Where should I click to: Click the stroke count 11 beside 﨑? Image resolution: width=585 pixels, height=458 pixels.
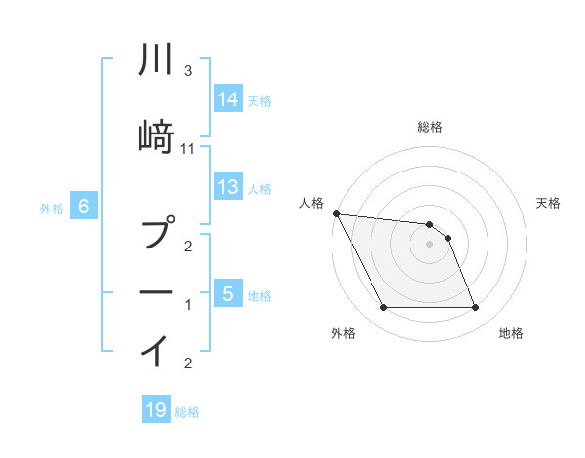click(x=188, y=148)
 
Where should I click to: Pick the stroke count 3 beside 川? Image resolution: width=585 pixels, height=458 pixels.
click(x=188, y=72)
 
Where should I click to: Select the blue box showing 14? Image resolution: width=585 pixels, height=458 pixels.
click(x=228, y=99)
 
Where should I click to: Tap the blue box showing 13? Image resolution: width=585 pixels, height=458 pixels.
click(x=228, y=187)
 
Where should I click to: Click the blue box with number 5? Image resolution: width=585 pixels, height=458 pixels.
click(x=228, y=293)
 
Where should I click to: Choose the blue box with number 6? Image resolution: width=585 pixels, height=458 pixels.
click(x=84, y=207)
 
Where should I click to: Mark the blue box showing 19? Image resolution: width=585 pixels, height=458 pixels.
click(x=156, y=410)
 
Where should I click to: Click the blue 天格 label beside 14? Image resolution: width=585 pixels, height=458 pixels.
click(x=259, y=100)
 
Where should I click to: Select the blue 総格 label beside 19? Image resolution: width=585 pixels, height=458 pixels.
click(x=187, y=412)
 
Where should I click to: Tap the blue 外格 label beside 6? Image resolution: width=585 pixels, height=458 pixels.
click(x=52, y=208)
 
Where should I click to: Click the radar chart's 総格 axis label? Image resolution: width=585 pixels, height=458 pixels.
click(x=430, y=127)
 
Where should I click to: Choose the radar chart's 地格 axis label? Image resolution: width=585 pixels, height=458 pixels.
click(x=511, y=333)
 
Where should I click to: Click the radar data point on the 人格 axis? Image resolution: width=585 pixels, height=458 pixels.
click(x=336, y=213)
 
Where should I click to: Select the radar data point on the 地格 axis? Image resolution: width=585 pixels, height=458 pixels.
click(x=475, y=308)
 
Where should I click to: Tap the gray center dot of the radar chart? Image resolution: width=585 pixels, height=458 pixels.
click(x=430, y=244)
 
